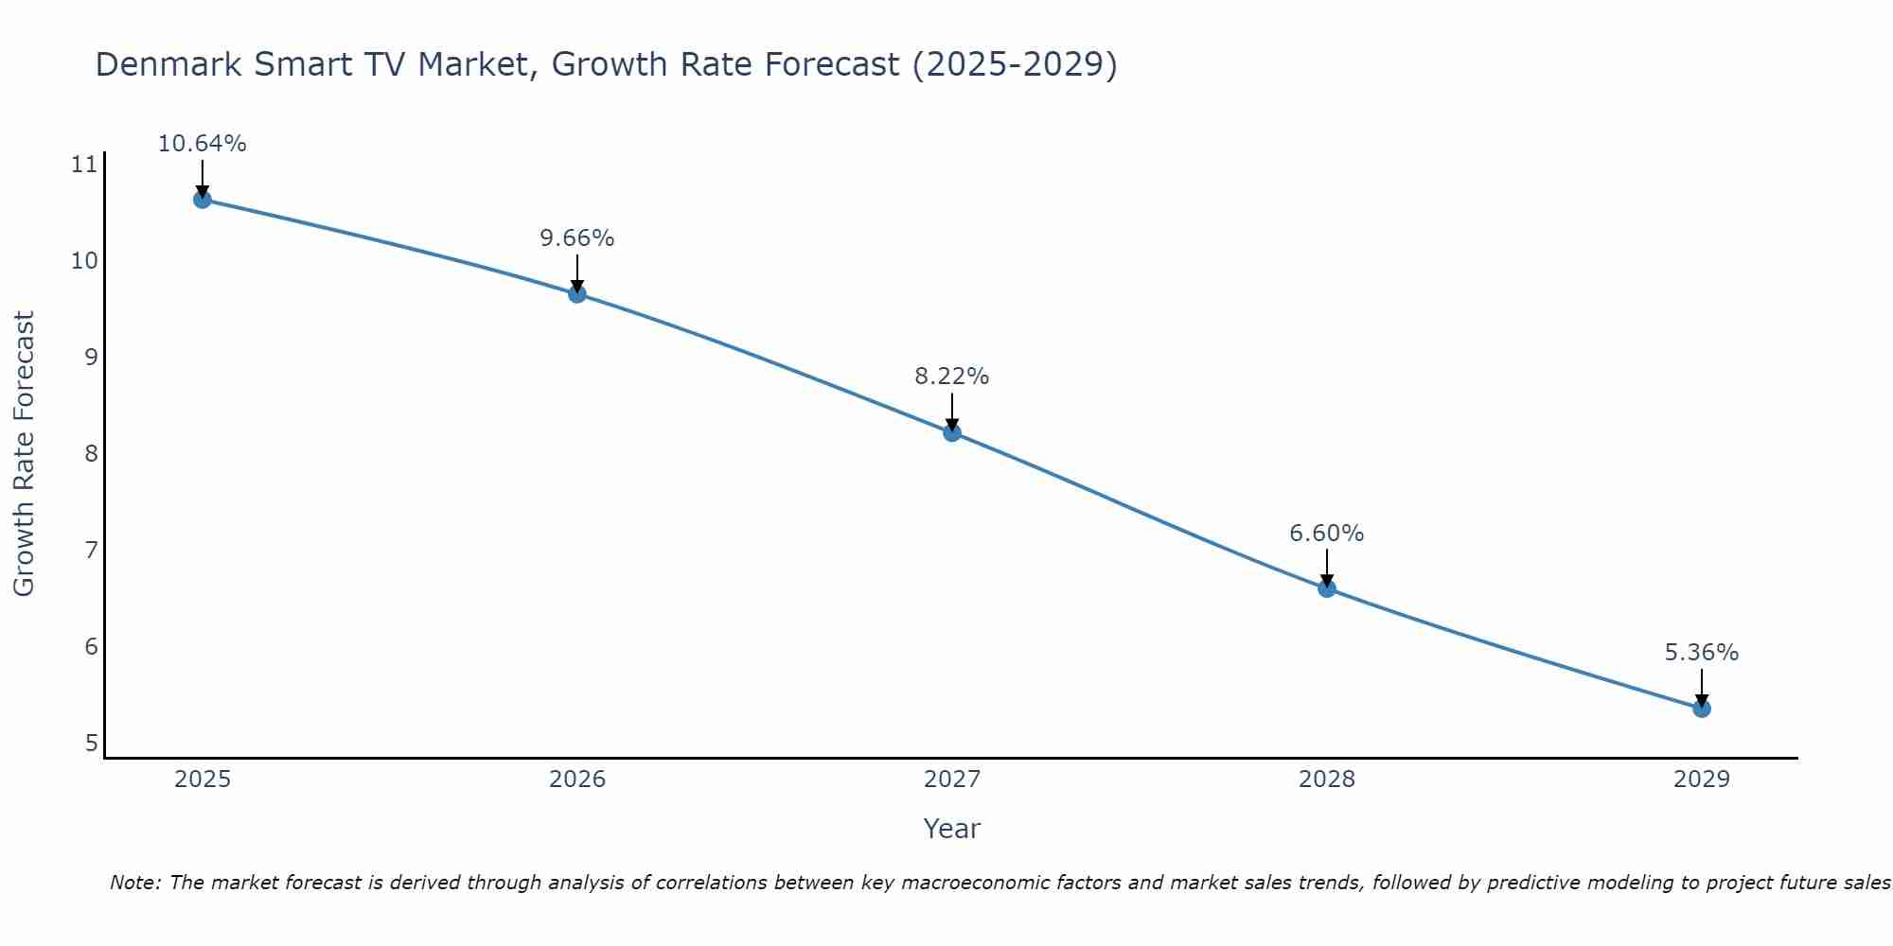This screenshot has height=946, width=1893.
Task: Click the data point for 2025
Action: (x=202, y=200)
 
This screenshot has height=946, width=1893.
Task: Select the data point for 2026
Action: (x=577, y=293)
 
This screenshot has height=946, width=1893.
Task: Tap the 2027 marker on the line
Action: (x=952, y=432)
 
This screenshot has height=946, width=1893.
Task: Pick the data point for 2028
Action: (x=1327, y=588)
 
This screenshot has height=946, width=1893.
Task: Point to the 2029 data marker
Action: (x=1702, y=708)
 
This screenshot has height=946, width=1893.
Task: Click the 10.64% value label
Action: (x=202, y=144)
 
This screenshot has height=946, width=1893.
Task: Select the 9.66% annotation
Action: (x=577, y=238)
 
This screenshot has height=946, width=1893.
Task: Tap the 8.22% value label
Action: (x=952, y=377)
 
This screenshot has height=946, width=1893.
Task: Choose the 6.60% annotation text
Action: (x=1327, y=534)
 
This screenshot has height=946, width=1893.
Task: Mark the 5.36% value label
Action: (x=1702, y=653)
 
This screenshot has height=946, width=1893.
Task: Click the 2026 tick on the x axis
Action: (x=577, y=780)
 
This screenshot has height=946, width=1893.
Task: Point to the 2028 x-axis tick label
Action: (x=1327, y=780)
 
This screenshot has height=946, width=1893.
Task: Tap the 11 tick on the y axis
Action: (x=84, y=166)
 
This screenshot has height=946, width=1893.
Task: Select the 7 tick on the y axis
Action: (x=91, y=551)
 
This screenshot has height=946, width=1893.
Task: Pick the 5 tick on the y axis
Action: (x=91, y=744)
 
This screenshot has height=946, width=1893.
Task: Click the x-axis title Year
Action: (x=952, y=829)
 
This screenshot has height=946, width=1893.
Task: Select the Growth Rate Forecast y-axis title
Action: (x=24, y=454)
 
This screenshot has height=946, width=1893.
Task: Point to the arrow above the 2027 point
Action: (x=952, y=412)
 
